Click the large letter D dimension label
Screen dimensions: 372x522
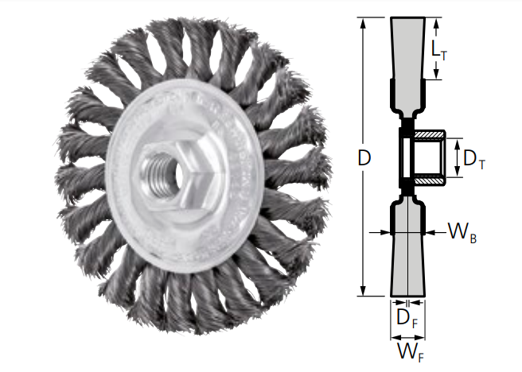(364, 158)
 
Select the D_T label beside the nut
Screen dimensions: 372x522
(474, 159)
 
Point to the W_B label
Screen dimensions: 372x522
(462, 233)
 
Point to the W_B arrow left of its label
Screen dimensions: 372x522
(434, 232)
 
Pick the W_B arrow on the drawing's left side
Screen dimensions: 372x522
(380, 232)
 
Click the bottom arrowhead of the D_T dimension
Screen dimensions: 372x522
(457, 174)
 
